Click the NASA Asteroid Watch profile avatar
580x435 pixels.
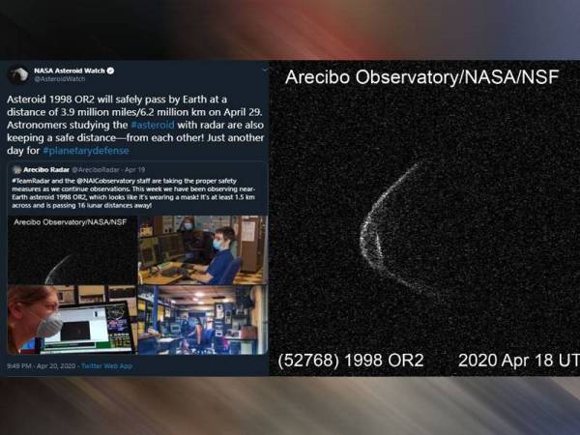18,74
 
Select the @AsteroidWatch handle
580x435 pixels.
54,79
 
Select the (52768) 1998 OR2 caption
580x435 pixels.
351,360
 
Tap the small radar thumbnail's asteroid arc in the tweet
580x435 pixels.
56,268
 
